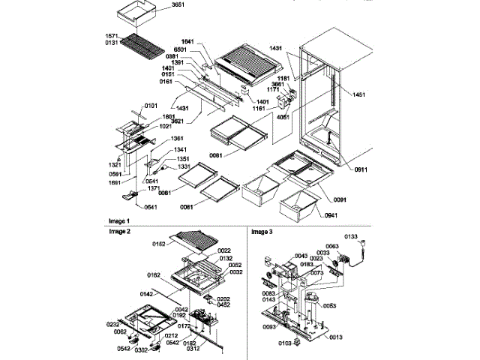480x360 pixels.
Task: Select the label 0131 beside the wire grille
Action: pos(111,42)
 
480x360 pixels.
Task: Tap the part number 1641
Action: pos(190,42)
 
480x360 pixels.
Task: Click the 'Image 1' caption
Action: pos(118,222)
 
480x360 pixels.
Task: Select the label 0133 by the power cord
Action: pos(372,237)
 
